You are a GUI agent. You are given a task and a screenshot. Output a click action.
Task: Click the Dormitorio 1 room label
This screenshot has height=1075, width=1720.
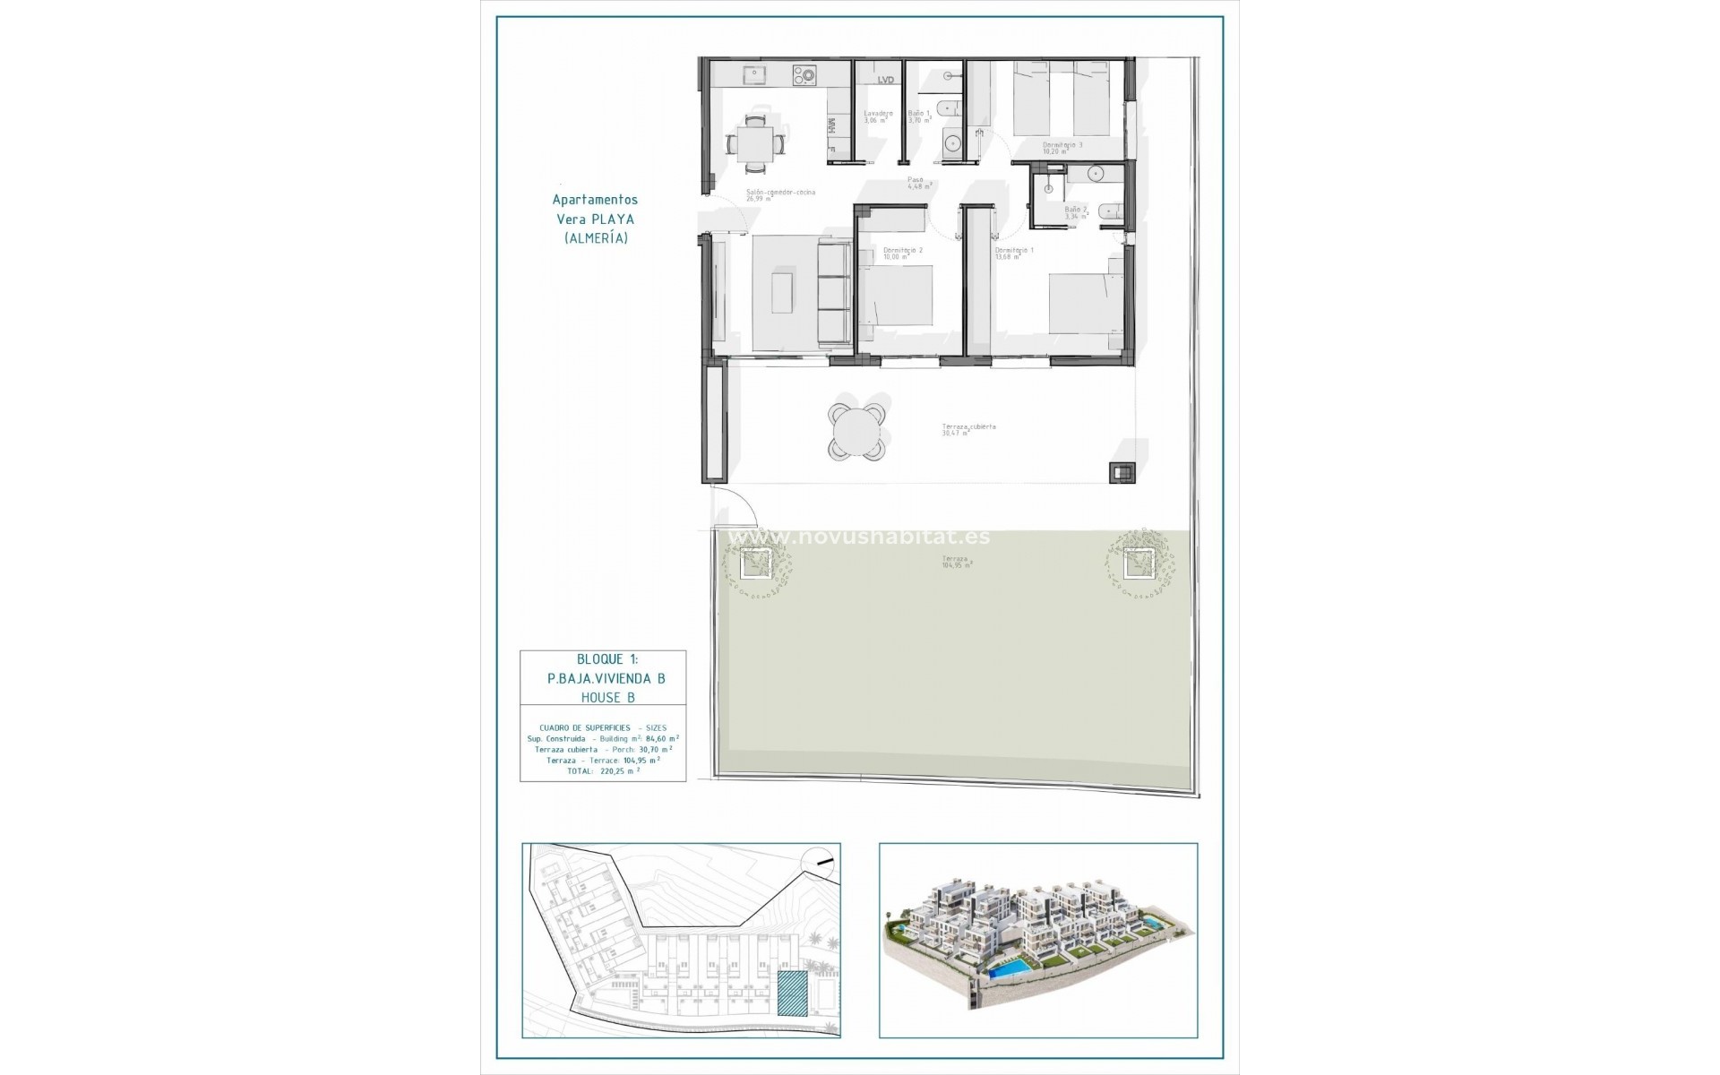click(x=1014, y=250)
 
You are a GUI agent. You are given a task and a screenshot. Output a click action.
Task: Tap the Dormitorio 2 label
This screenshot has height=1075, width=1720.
click(x=902, y=250)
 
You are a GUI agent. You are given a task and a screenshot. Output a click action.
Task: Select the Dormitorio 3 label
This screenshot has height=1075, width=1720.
click(x=1062, y=145)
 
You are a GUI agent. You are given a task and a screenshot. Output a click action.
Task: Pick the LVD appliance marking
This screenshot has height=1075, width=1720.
click(x=886, y=80)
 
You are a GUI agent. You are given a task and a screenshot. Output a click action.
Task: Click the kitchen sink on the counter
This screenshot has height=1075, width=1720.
click(x=127, y=74)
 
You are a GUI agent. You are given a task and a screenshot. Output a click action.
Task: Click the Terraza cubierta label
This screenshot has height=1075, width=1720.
click(x=968, y=427)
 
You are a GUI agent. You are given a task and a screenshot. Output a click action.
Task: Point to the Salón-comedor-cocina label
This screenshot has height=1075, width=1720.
click(x=781, y=193)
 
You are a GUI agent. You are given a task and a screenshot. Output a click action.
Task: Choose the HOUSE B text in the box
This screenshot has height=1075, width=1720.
click(x=606, y=697)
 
